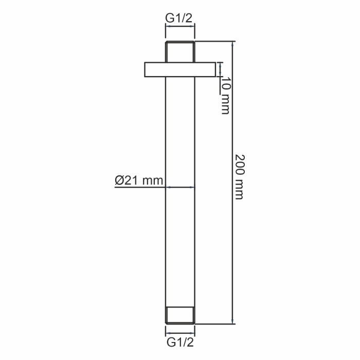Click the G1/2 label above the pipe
179,17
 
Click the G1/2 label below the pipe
179,341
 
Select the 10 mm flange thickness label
225,95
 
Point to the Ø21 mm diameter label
138,180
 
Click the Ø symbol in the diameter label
119,180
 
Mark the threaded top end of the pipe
180,51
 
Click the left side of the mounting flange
154,70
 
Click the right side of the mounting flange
205,70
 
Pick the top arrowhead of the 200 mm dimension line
233,44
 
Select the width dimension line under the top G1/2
180,26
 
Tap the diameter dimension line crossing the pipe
180,187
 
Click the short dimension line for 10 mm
221,70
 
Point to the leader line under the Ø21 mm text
139,187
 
